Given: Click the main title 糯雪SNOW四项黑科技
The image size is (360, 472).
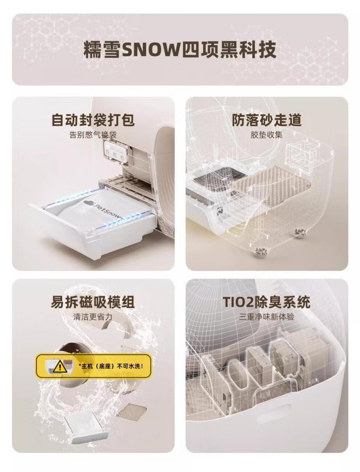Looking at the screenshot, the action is point(180,50).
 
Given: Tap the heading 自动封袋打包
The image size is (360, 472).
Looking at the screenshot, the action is point(93,120).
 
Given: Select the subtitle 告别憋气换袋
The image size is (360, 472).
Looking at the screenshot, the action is point(93,135).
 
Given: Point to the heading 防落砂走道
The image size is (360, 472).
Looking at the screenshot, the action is point(267,120).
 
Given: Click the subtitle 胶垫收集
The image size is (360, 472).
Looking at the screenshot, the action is point(267,135).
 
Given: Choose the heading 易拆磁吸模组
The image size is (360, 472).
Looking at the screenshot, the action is point(93,302).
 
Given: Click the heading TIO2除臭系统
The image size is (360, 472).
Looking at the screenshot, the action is point(266,302).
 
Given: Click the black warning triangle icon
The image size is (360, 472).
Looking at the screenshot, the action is point(60,366).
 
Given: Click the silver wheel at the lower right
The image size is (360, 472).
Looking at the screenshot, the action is point(300,233).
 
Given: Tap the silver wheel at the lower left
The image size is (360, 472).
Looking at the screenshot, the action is point(261,251).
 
